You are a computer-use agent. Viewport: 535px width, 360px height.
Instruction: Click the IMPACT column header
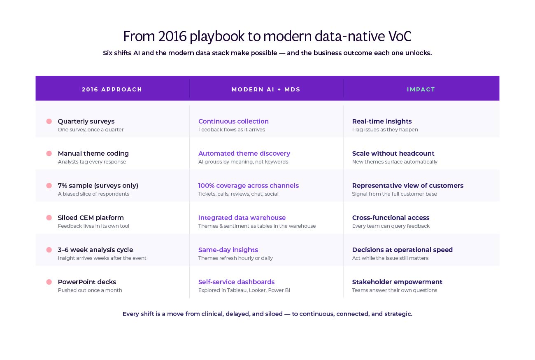pyautogui.click(x=421, y=89)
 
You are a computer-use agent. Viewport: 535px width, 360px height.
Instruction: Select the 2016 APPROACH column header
pyautogui.click(x=112, y=89)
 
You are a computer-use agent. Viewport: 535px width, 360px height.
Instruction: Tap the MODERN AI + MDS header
pyautogui.click(x=266, y=89)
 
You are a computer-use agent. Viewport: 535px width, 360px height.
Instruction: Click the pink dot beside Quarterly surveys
pyautogui.click(x=49, y=121)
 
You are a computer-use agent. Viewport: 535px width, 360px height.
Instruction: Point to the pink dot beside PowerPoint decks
pyautogui.click(x=49, y=282)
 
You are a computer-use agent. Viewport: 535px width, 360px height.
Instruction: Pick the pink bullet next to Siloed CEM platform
pyautogui.click(x=49, y=217)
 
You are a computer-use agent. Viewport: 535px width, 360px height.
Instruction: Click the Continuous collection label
pyautogui.click(x=233, y=121)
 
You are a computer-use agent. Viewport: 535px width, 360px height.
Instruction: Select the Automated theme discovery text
pyautogui.click(x=244, y=153)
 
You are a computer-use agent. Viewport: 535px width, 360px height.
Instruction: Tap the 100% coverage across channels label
pyautogui.click(x=249, y=185)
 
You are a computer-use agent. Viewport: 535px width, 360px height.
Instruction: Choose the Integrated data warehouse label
pyautogui.click(x=242, y=217)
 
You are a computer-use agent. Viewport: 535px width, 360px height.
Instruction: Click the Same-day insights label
pyautogui.click(x=228, y=250)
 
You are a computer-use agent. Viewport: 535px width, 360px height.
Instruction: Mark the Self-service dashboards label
pyautogui.click(x=236, y=282)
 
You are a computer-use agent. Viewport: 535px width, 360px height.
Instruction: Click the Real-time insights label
pyautogui.click(x=382, y=121)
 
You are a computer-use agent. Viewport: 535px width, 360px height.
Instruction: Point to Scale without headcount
pyautogui.click(x=393, y=153)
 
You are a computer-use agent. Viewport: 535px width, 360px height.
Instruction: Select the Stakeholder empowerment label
pyautogui.click(x=397, y=282)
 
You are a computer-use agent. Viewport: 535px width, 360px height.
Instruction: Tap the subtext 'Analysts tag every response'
pyautogui.click(x=92, y=162)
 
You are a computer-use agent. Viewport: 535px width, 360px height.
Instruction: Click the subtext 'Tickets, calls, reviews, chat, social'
pyautogui.click(x=238, y=194)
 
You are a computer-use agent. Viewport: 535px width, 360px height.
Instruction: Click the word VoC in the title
pyautogui.click(x=400, y=36)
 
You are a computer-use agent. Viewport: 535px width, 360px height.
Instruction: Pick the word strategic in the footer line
pyautogui.click(x=398, y=314)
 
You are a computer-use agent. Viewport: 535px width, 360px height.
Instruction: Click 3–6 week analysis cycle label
pyautogui.click(x=95, y=250)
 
